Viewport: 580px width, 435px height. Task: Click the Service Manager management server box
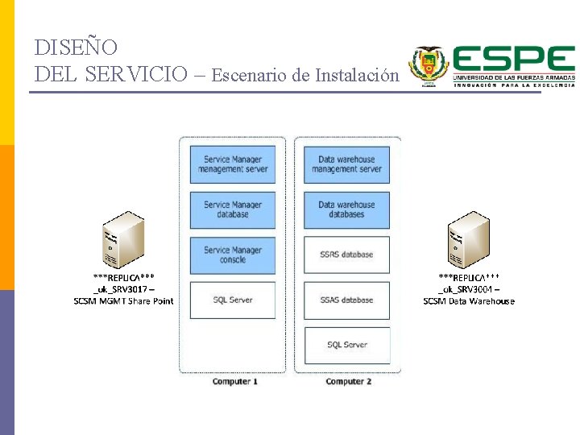coord(233,164)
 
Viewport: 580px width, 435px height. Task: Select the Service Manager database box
coord(233,209)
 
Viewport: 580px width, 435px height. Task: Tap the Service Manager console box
coord(233,255)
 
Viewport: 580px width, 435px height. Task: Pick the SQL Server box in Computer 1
coord(233,300)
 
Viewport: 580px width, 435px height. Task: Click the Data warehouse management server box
coord(346,164)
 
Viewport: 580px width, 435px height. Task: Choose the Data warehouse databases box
coord(346,209)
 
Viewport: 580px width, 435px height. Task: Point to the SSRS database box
coord(346,255)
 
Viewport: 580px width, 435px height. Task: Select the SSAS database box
coord(346,300)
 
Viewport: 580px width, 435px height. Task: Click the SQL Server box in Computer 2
coord(346,345)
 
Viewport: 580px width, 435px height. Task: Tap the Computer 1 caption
coord(235,381)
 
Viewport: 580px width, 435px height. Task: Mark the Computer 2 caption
coord(349,381)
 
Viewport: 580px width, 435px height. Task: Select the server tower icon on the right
coord(468,238)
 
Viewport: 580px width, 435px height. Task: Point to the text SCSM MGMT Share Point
coord(123,301)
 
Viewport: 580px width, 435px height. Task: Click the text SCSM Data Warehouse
coord(469,301)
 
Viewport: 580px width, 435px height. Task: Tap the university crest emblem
coord(429,66)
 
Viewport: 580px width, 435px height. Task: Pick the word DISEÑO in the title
coord(77,48)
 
